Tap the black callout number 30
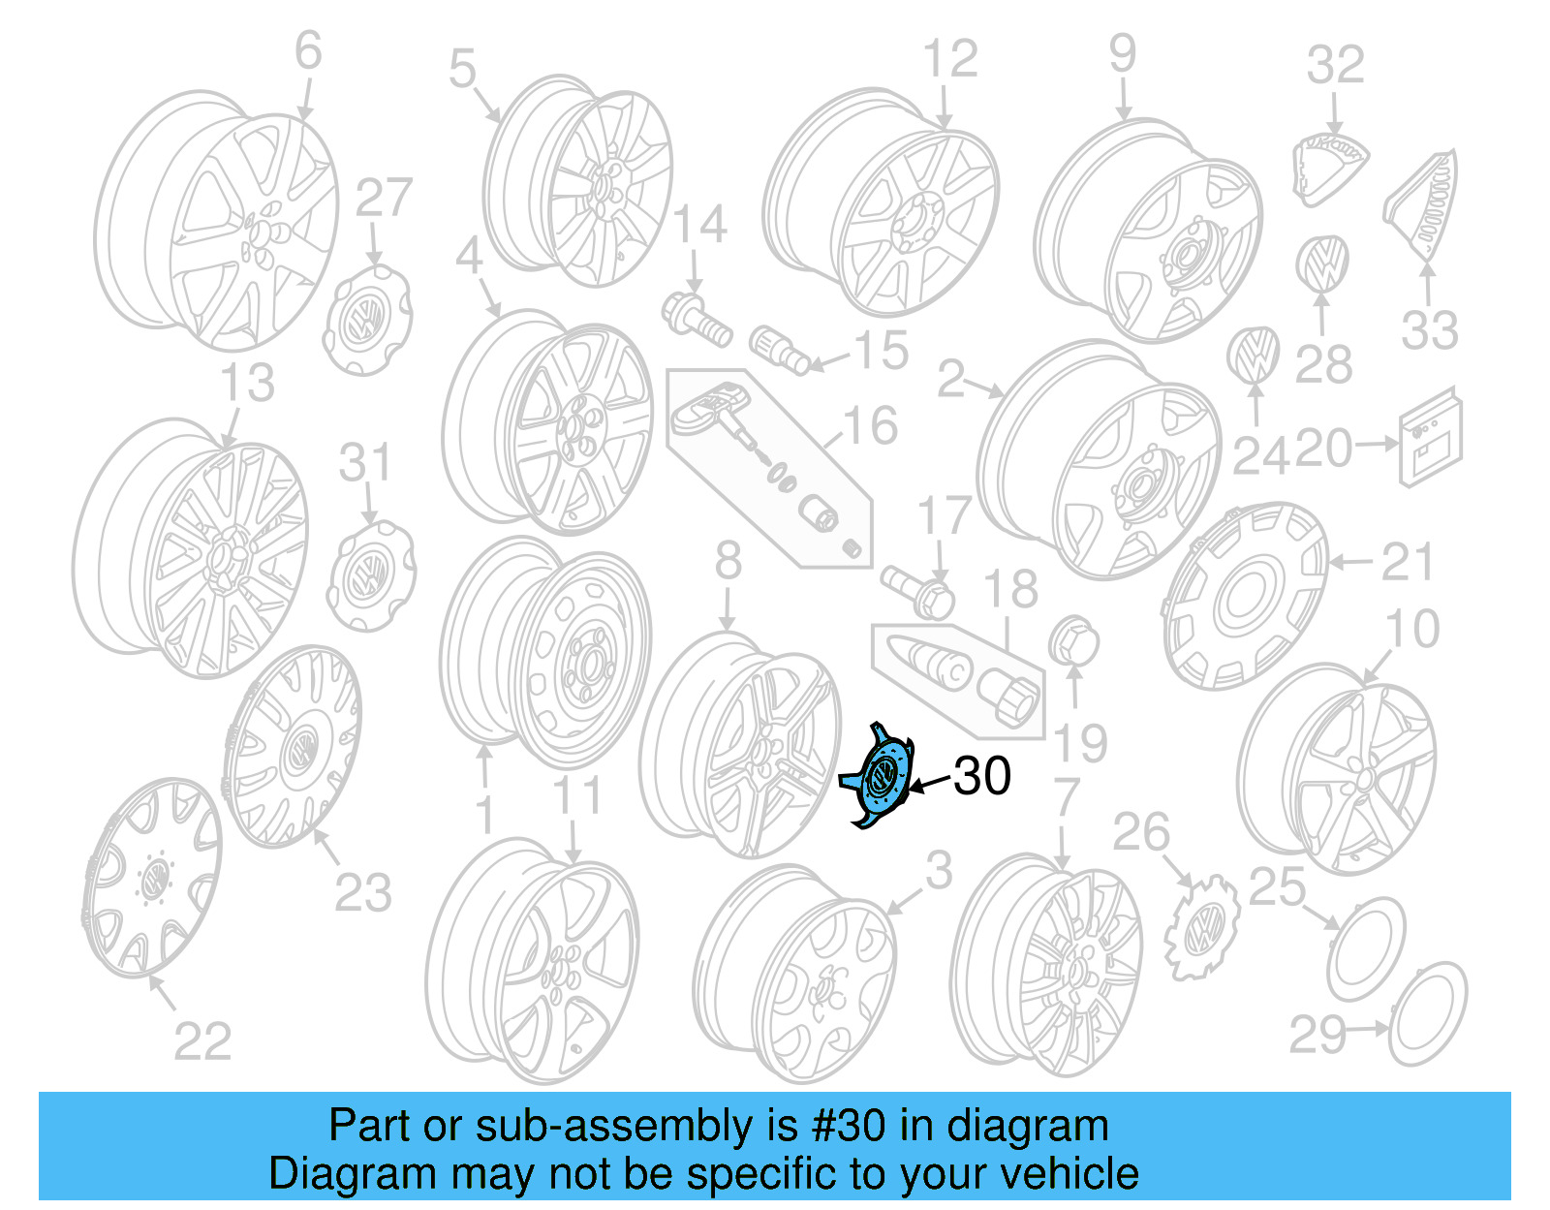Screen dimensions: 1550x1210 (x=981, y=776)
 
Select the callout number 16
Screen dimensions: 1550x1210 (x=870, y=426)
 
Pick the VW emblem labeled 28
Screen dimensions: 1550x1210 (x=1321, y=263)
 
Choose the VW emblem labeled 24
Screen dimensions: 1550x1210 (x=1253, y=355)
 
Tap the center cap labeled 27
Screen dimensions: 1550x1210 (x=365, y=320)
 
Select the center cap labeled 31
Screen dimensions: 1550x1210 (x=372, y=574)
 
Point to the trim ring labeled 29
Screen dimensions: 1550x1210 (x=1427, y=1012)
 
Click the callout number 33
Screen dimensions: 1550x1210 (x=1429, y=331)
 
